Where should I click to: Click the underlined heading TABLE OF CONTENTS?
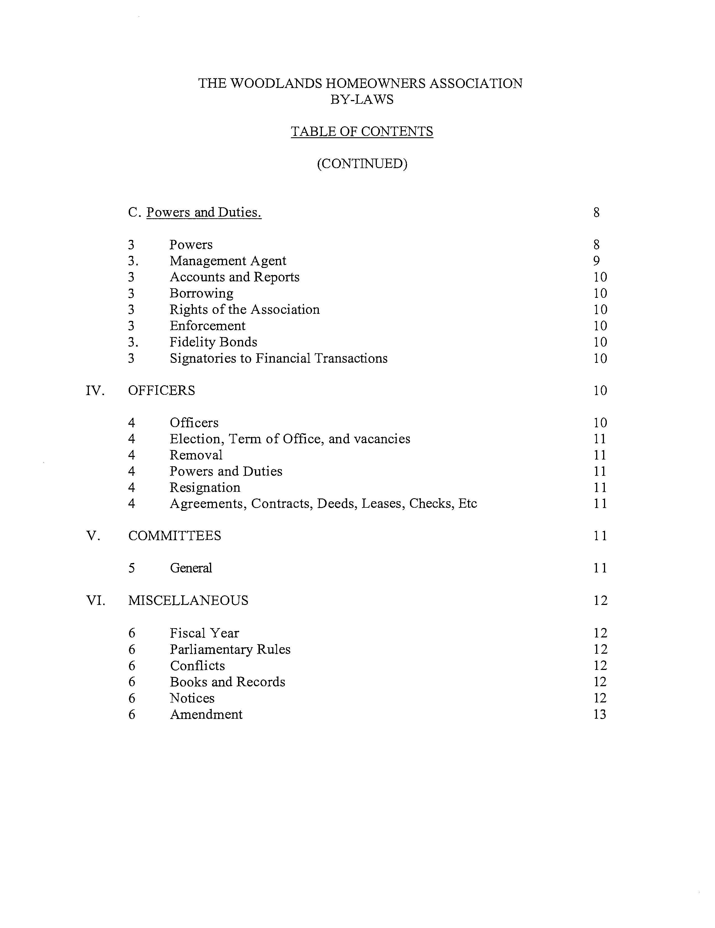click(x=362, y=131)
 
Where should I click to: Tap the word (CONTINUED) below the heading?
click(x=362, y=164)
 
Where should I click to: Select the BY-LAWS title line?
click(x=362, y=99)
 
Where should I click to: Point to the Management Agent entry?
click(x=228, y=261)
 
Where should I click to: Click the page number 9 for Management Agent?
click(x=596, y=261)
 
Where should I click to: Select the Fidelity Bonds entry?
click(x=213, y=342)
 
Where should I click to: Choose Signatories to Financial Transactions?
click(x=278, y=358)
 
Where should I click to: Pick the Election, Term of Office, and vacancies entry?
click(x=290, y=439)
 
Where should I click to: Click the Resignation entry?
click(x=205, y=487)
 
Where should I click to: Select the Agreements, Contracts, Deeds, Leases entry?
click(x=323, y=504)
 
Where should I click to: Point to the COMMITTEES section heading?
click(x=175, y=536)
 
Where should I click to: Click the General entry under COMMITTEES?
click(x=191, y=568)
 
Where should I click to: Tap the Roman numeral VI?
click(x=95, y=600)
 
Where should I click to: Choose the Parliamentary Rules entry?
click(x=230, y=649)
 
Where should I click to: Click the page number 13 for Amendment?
click(x=599, y=714)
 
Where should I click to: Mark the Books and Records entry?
click(x=227, y=681)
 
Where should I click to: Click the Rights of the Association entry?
click(x=245, y=309)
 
